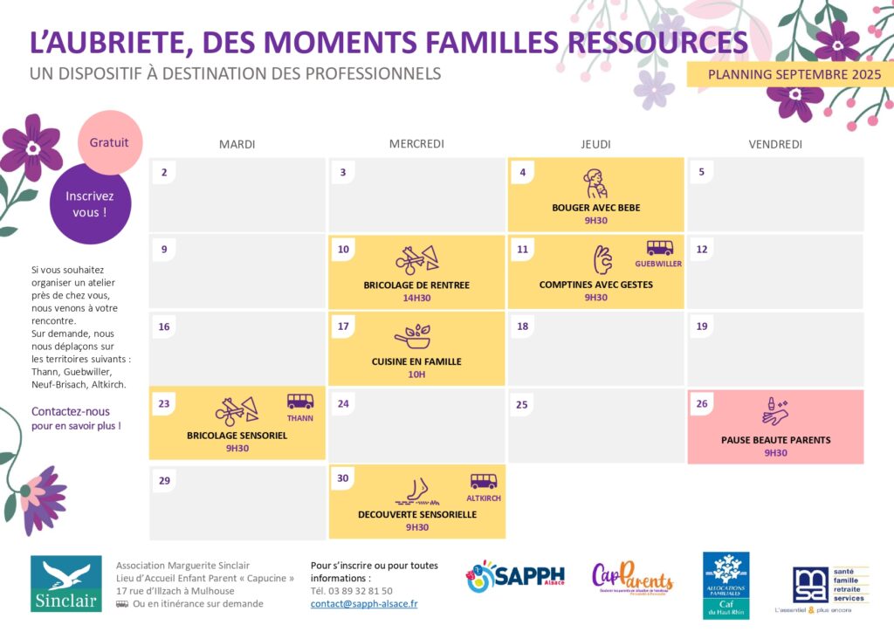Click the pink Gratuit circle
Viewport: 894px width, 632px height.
tap(109, 142)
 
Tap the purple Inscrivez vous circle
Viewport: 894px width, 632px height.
tap(90, 204)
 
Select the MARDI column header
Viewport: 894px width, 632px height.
tap(237, 144)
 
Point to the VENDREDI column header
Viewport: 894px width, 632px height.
tap(775, 144)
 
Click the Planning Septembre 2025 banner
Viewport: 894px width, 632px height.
tap(794, 75)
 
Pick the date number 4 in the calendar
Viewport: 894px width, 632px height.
tap(523, 173)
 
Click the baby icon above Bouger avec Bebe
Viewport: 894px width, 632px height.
tap(595, 184)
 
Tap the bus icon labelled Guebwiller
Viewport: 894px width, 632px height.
tap(659, 248)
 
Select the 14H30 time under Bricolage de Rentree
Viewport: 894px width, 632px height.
tap(416, 298)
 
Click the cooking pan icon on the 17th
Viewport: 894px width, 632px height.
tap(412, 336)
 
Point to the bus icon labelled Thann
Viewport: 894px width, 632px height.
tap(300, 402)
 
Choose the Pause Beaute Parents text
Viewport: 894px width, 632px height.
tap(775, 440)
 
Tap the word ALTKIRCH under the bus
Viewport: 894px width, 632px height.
tap(483, 498)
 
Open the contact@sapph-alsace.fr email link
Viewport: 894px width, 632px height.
tap(364, 603)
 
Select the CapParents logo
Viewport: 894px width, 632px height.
tap(632, 578)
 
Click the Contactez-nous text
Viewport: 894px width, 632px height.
tap(71, 411)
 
